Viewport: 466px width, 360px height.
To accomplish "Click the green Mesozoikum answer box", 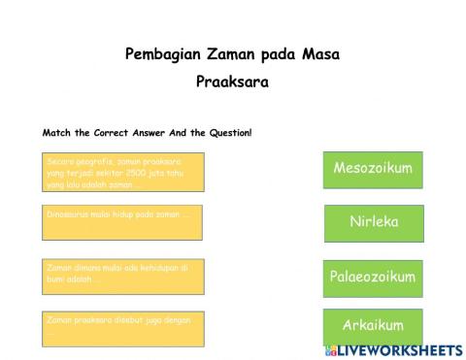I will pyautogui.click(x=373, y=169).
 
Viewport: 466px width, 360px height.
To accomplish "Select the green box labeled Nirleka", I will pyautogui.click(x=373, y=222).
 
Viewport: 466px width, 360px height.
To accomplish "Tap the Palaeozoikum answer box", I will pyautogui.click(x=373, y=278).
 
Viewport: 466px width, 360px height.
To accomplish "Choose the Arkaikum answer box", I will pyautogui.click(x=373, y=325).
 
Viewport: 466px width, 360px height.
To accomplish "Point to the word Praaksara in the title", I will pyautogui.click(x=232, y=82).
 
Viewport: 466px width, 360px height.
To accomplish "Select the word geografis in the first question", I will pyautogui.click(x=95, y=159).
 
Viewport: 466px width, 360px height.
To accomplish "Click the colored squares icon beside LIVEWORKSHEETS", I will pyautogui.click(x=331, y=349).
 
